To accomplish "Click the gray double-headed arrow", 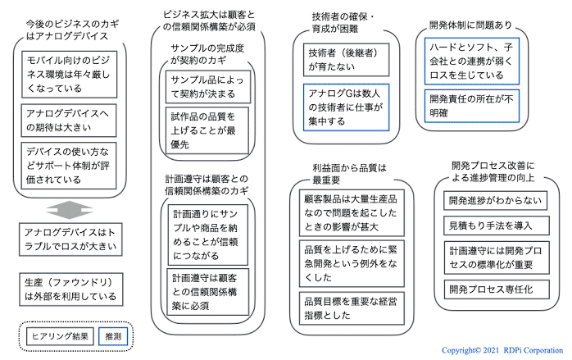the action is point(70,210).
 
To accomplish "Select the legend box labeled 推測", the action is point(113,336).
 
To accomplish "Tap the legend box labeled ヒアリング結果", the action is point(60,336).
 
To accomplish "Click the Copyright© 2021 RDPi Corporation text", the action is point(502,350).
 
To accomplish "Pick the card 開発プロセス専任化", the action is point(497,289).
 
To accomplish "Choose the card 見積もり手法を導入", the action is point(497,226).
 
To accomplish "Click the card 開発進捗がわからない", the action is point(496,200).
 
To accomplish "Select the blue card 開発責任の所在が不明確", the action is point(472,106).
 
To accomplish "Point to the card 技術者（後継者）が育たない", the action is point(346,60).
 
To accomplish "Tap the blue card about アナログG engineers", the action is point(346,107).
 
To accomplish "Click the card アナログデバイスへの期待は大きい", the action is point(69,121).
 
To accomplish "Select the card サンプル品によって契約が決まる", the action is point(208,87).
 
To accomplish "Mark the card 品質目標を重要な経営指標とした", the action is point(352,308).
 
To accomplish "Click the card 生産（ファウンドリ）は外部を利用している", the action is point(71,289).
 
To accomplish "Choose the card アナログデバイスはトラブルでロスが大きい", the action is point(70,239).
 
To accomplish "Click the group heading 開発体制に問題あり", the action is point(470,25).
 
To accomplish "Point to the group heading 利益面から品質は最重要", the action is point(349,174).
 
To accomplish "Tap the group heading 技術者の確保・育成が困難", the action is point(343,23).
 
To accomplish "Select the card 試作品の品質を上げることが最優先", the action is point(207,130).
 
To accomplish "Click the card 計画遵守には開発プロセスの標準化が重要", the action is point(497,257).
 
